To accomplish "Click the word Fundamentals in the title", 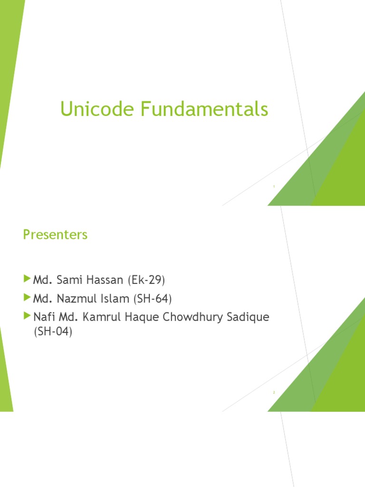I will coord(204,110).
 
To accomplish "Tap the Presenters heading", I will coord(55,235).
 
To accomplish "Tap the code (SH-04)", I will coord(52,332).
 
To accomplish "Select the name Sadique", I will coord(251,317).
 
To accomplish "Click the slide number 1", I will coord(274,187).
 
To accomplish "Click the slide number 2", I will coord(274,392).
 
